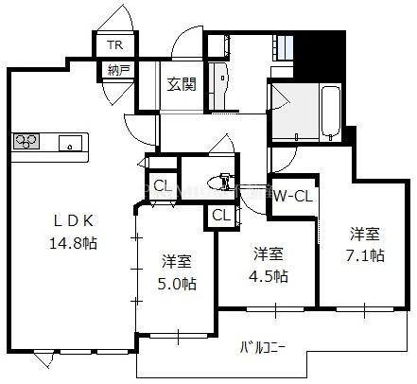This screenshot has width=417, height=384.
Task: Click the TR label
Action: click(x=115, y=44)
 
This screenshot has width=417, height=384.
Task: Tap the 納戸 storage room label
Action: click(x=117, y=70)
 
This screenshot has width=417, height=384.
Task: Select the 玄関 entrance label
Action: click(x=182, y=84)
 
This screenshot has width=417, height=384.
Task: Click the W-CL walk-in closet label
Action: click(x=293, y=197)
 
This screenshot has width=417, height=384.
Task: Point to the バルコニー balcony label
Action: click(x=263, y=347)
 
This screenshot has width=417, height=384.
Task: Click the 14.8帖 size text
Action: click(x=73, y=243)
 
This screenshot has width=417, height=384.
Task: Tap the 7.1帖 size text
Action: click(x=365, y=255)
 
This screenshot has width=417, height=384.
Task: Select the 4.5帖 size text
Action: click(x=269, y=276)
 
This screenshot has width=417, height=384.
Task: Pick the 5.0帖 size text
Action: click(x=177, y=284)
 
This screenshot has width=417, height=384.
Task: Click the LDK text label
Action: click(x=73, y=221)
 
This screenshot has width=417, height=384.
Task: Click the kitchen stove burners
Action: click(x=26, y=141)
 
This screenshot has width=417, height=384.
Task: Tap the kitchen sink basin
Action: click(x=70, y=143)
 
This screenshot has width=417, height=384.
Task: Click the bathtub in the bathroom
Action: click(x=330, y=113)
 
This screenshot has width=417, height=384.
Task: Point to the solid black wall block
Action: click(x=321, y=55)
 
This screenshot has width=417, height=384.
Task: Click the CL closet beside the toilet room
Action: click(x=163, y=186)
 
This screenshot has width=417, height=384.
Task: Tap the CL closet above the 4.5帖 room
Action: click(x=221, y=216)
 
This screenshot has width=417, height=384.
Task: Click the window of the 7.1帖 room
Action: click(x=365, y=309)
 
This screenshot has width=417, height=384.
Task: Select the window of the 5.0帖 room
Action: click(x=178, y=336)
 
